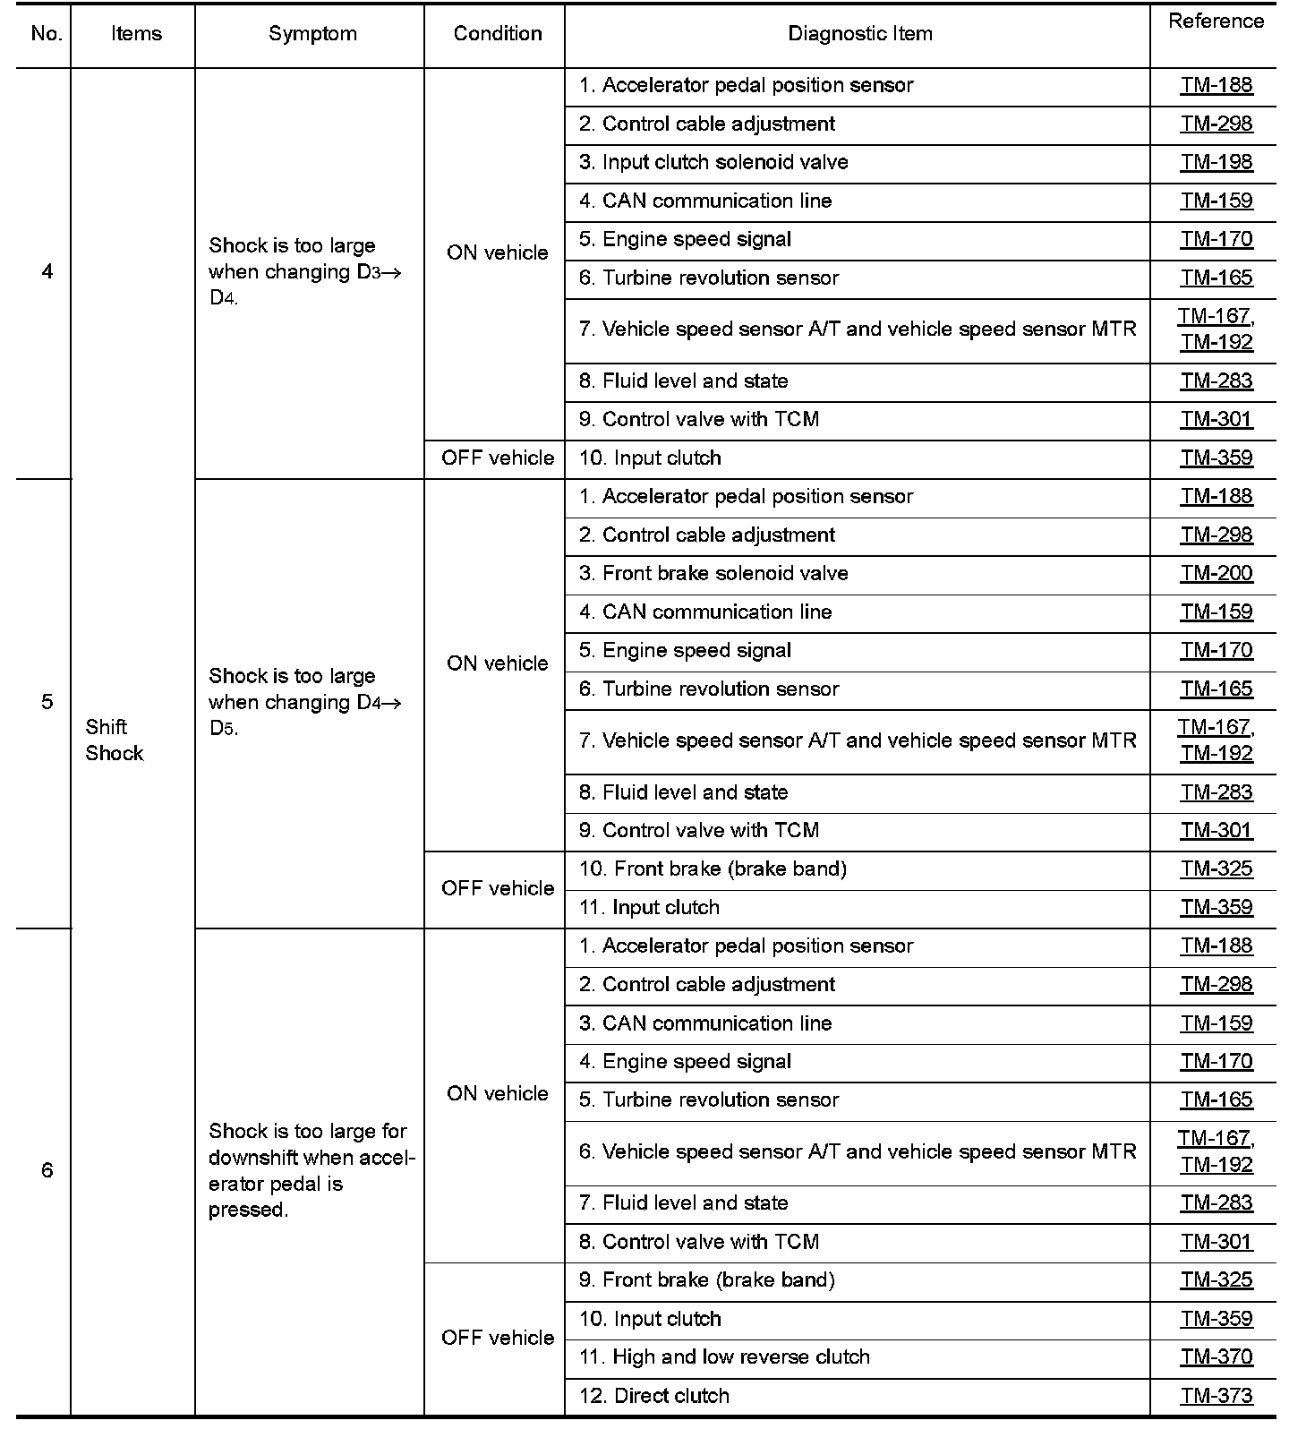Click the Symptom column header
pyautogui.click(x=312, y=34)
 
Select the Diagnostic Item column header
pyautogui.click(x=859, y=34)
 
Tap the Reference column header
pyautogui.click(x=1216, y=21)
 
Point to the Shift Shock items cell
pyautogui.click(x=114, y=740)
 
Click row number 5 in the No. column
pyautogui.click(x=47, y=702)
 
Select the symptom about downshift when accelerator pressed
pyautogui.click(x=311, y=1170)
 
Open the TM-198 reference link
pyautogui.click(x=1216, y=162)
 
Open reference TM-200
pyautogui.click(x=1216, y=573)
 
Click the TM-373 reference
pyautogui.click(x=1216, y=1396)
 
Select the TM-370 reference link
pyautogui.click(x=1216, y=1357)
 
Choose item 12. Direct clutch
pyautogui.click(x=653, y=1396)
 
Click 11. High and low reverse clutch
pyautogui.click(x=724, y=1357)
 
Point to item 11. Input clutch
pyautogui.click(x=649, y=907)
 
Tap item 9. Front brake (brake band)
pyautogui.click(x=706, y=1280)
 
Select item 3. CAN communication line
pyautogui.click(x=705, y=1023)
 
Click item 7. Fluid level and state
pyautogui.click(x=683, y=1203)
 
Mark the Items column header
pyautogui.click(x=136, y=34)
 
